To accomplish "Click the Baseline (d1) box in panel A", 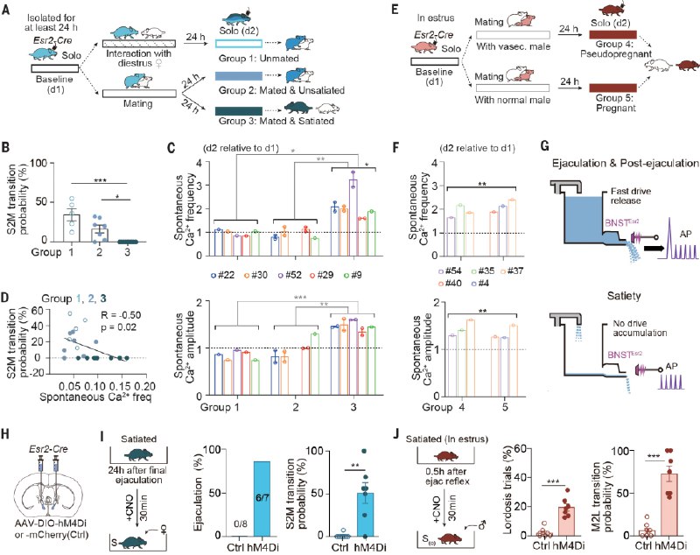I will [55, 66].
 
